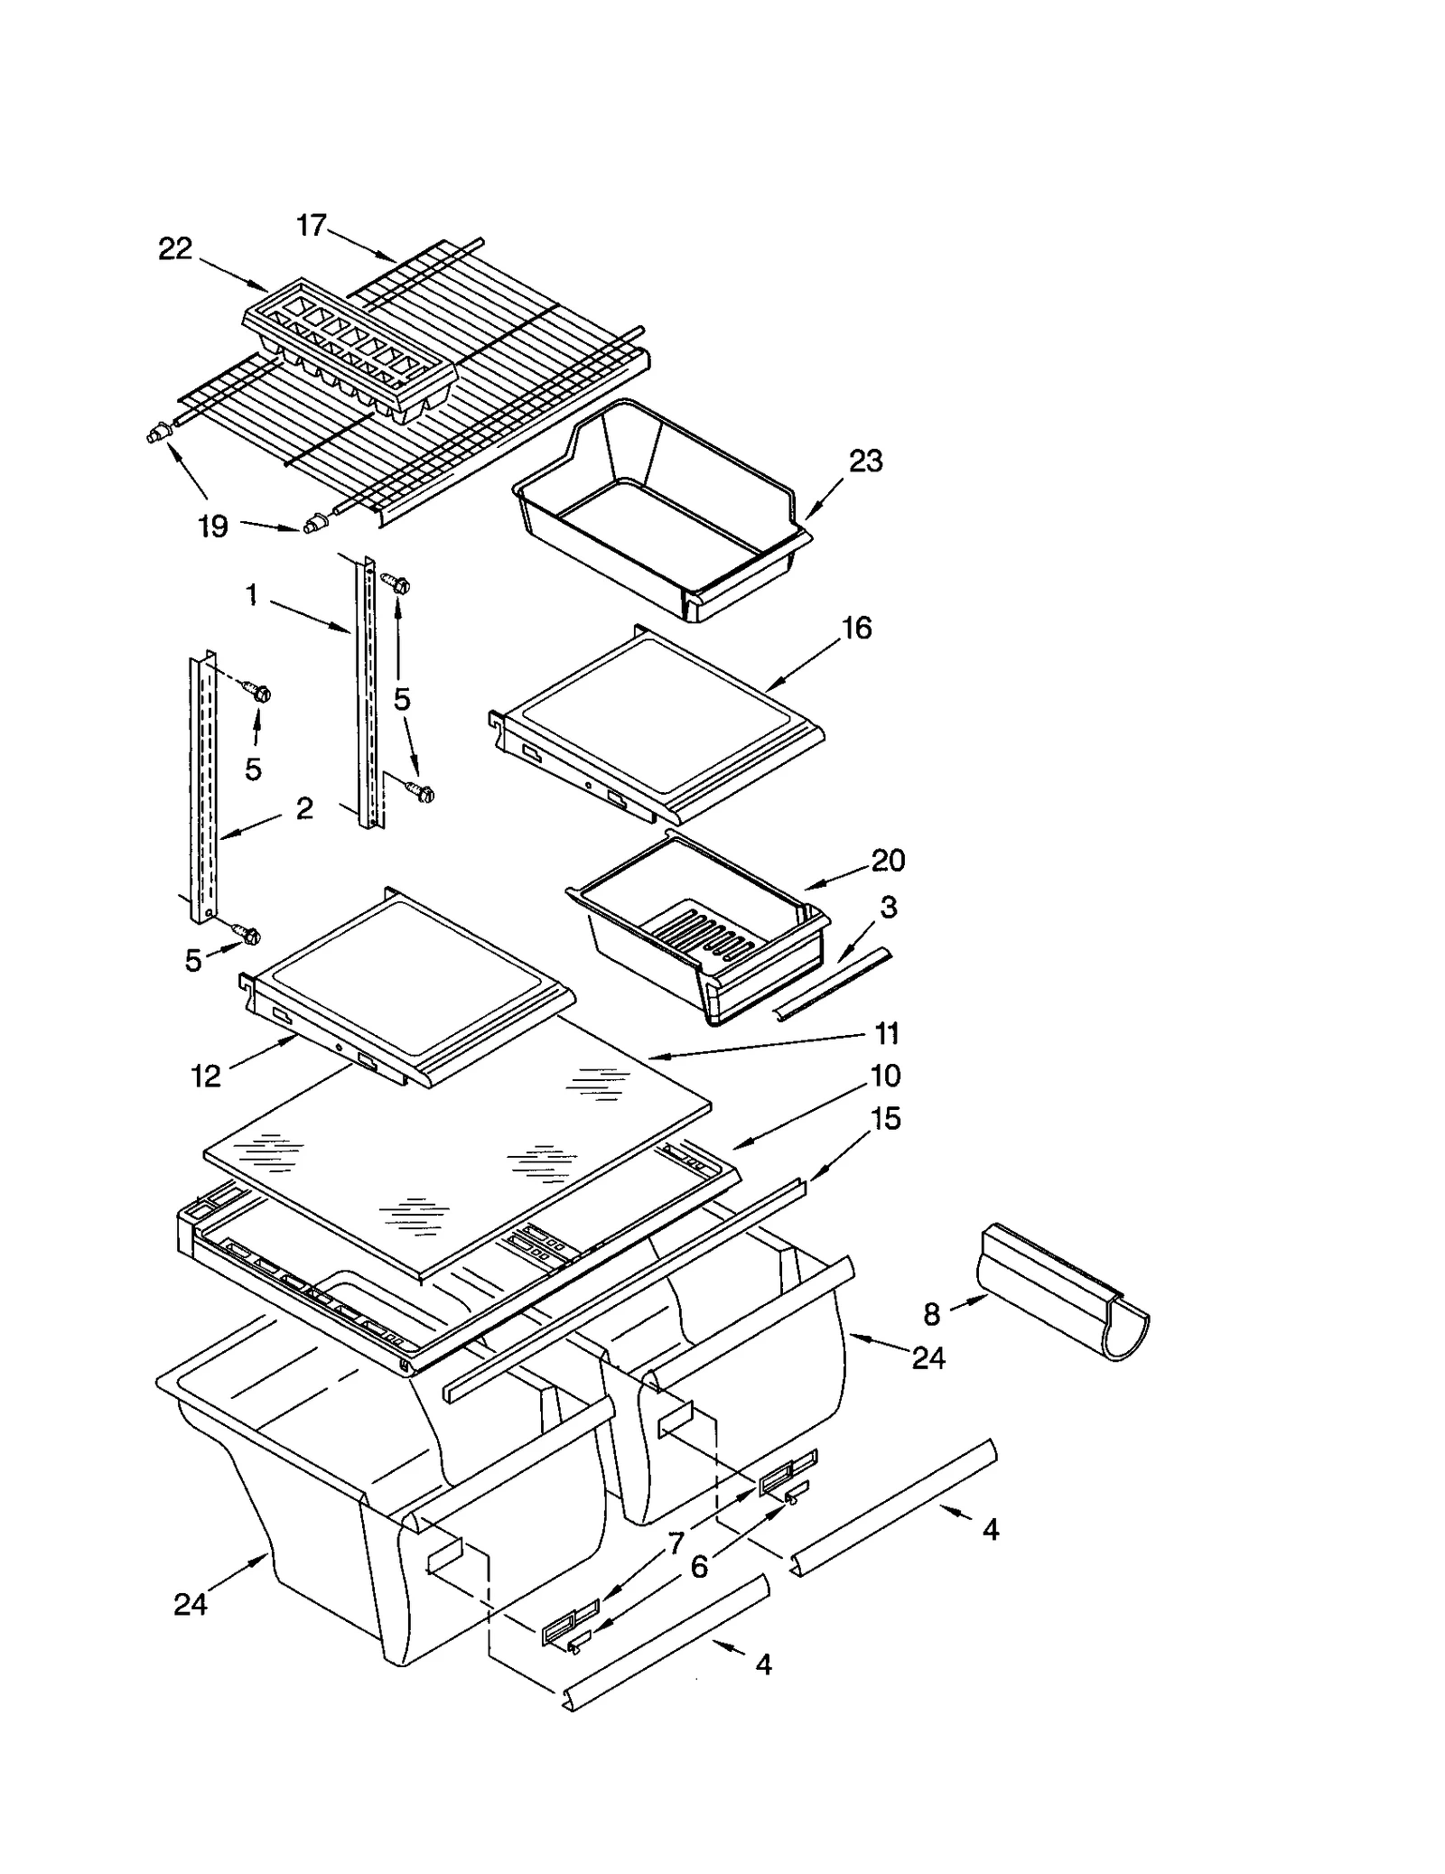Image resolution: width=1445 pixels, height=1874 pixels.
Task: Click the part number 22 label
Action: pos(175,248)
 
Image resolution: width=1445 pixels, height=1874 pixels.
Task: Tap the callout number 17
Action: pos(312,225)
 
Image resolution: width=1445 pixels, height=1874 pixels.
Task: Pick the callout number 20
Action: pos(888,860)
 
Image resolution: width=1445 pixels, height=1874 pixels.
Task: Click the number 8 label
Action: pos(932,1314)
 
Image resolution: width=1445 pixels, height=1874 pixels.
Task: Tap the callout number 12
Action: pos(206,1076)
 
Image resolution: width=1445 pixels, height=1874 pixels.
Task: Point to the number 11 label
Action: pos(887,1033)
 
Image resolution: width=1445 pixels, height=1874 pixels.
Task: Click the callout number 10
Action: pos(886,1076)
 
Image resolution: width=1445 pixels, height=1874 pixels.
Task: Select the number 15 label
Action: pos(886,1119)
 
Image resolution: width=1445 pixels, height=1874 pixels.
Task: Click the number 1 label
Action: pos(252,594)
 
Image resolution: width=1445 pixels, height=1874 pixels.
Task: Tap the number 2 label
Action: pos(304,807)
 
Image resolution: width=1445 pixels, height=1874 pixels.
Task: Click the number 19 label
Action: pos(213,527)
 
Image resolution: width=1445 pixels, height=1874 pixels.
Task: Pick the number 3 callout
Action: pos(888,908)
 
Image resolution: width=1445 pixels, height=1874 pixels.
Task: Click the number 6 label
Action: pos(699,1567)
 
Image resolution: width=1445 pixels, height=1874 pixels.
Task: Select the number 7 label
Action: pos(676,1543)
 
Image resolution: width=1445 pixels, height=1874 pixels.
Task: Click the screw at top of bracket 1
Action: pos(397,583)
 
